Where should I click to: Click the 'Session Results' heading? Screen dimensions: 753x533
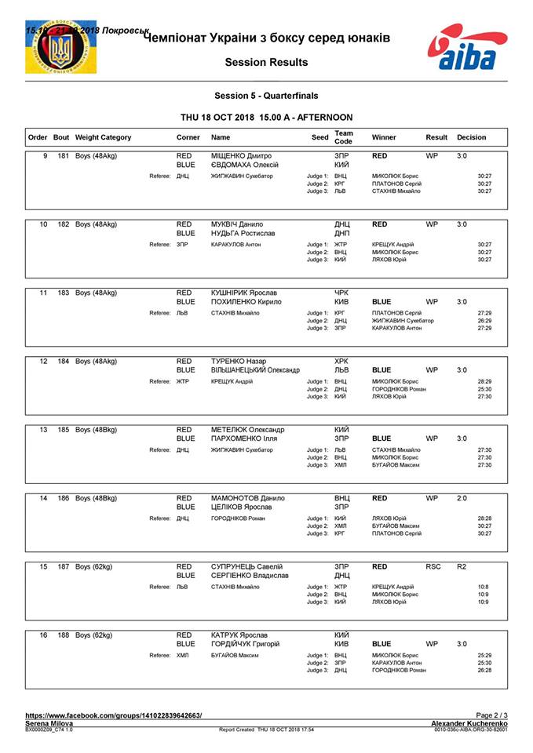pos(266,62)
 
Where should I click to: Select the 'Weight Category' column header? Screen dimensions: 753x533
pos(104,137)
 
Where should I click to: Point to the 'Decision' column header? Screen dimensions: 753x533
pos(471,137)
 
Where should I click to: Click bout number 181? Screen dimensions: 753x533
pos(63,156)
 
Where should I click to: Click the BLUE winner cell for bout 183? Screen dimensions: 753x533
pos(381,301)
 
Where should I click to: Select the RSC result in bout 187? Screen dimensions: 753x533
pos(433,566)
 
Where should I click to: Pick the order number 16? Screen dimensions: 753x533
pos(44,634)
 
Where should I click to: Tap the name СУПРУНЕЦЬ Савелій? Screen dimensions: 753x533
pos(246,566)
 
